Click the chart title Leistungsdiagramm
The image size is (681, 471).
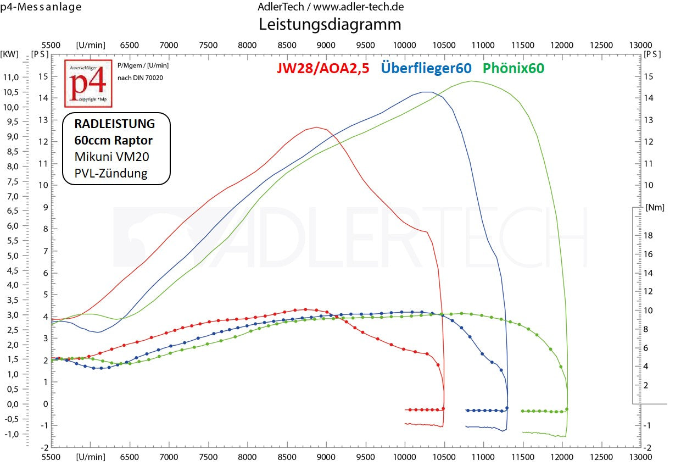pyautogui.click(x=330, y=24)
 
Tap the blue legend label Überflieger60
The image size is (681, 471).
pyautogui.click(x=426, y=69)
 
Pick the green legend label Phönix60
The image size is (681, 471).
pyautogui.click(x=513, y=69)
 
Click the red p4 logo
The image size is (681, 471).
pyautogui.click(x=88, y=84)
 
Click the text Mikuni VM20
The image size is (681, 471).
pyautogui.click(x=111, y=157)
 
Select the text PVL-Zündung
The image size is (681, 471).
pyautogui.click(x=111, y=174)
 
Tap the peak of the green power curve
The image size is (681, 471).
pyautogui.click(x=472, y=81)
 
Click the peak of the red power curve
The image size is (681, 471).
pyautogui.click(x=317, y=127)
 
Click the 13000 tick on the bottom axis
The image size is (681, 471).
pyautogui.click(x=640, y=457)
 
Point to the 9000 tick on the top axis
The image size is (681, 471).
pyautogui.click(x=326, y=45)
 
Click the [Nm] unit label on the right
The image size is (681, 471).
pyautogui.click(x=656, y=207)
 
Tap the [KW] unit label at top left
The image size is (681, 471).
pyautogui.click(x=9, y=54)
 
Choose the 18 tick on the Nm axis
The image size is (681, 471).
pyautogui.click(x=647, y=235)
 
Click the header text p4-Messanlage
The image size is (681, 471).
pyautogui.click(x=41, y=7)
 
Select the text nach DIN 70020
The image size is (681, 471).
pyautogui.click(x=140, y=77)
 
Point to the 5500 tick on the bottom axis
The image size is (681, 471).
pyautogui.click(x=51, y=457)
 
